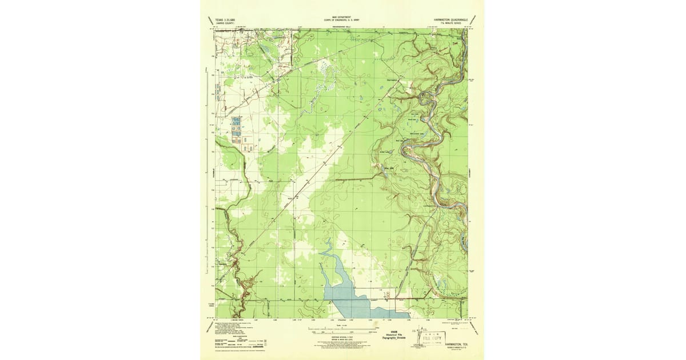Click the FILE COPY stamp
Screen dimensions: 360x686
433,338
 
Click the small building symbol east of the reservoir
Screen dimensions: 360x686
388,295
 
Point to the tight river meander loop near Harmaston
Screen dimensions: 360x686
425,97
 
